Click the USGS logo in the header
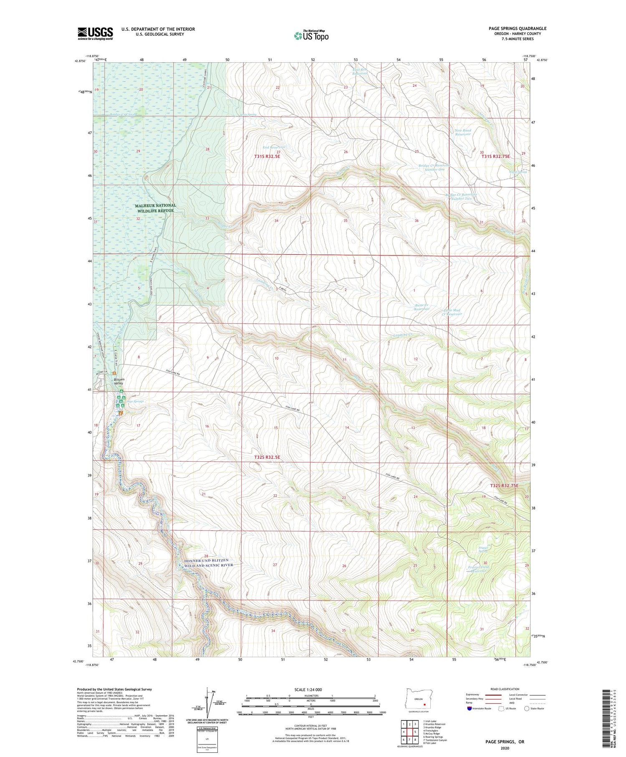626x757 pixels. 95,33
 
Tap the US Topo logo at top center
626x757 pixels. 311,35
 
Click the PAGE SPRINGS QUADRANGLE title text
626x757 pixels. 517,29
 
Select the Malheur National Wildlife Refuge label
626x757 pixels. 156,208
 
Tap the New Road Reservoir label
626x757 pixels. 463,132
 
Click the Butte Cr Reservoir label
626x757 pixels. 422,307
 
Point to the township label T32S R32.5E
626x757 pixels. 267,458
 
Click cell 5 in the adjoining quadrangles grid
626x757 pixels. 415,732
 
